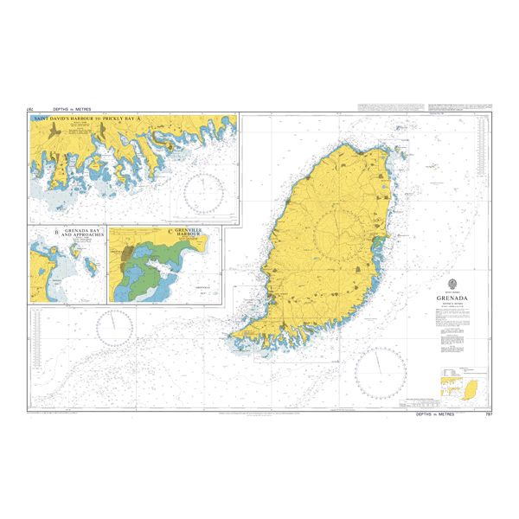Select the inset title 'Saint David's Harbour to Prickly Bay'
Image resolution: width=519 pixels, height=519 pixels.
(133, 119)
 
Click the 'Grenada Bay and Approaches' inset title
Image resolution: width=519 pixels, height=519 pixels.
(79, 234)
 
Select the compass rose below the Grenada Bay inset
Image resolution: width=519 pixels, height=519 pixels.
(114, 326)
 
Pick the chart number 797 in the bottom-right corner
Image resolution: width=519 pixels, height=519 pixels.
(487, 415)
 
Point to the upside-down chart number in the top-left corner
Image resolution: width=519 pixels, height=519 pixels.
(30, 109)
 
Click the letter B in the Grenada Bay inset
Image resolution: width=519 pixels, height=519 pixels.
(57, 231)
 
